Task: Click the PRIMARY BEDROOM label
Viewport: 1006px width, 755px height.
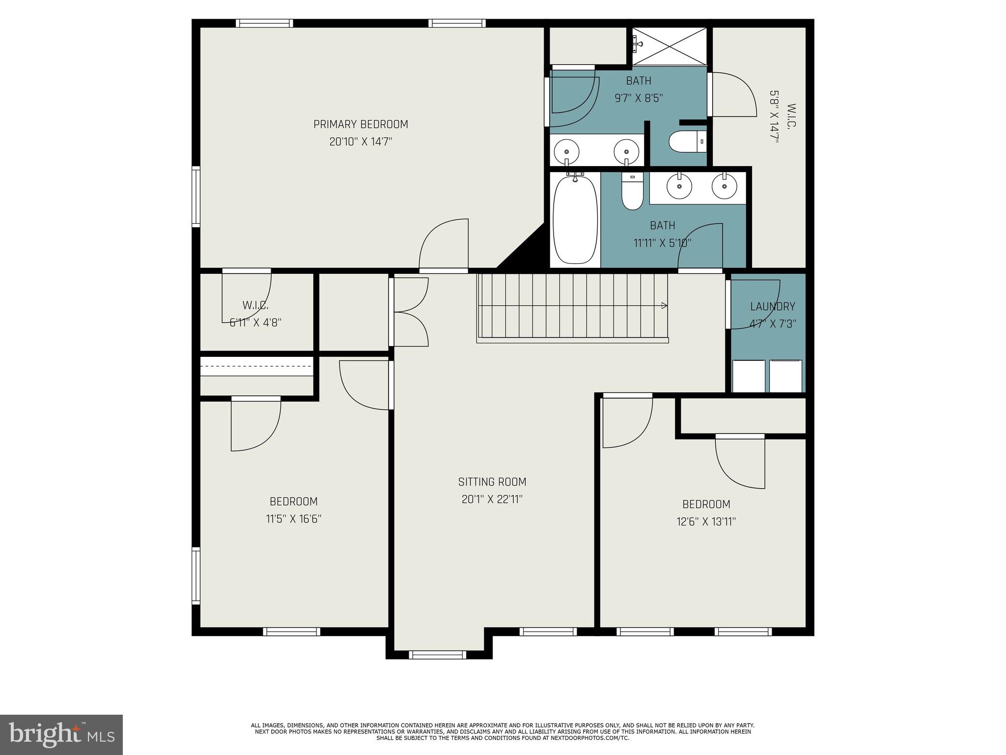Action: coord(361,124)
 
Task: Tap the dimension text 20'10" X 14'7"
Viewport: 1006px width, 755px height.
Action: coord(361,142)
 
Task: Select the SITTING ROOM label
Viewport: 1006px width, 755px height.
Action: coord(492,482)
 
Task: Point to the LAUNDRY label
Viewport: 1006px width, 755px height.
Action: coord(772,307)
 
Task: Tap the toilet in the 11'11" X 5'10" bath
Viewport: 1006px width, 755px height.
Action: coord(632,192)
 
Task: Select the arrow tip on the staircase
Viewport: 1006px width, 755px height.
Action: coord(665,306)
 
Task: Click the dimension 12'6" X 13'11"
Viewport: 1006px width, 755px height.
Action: coord(706,522)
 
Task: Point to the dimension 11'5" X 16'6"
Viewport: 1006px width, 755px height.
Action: coord(293,519)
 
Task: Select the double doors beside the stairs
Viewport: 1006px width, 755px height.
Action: coord(411,312)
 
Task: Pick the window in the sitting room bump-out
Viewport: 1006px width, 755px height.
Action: coord(437,654)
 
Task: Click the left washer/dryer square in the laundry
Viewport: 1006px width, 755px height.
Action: coord(748,376)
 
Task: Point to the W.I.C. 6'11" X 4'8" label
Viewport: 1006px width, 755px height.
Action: coord(255,314)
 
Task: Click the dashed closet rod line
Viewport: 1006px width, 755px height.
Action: coord(256,366)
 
